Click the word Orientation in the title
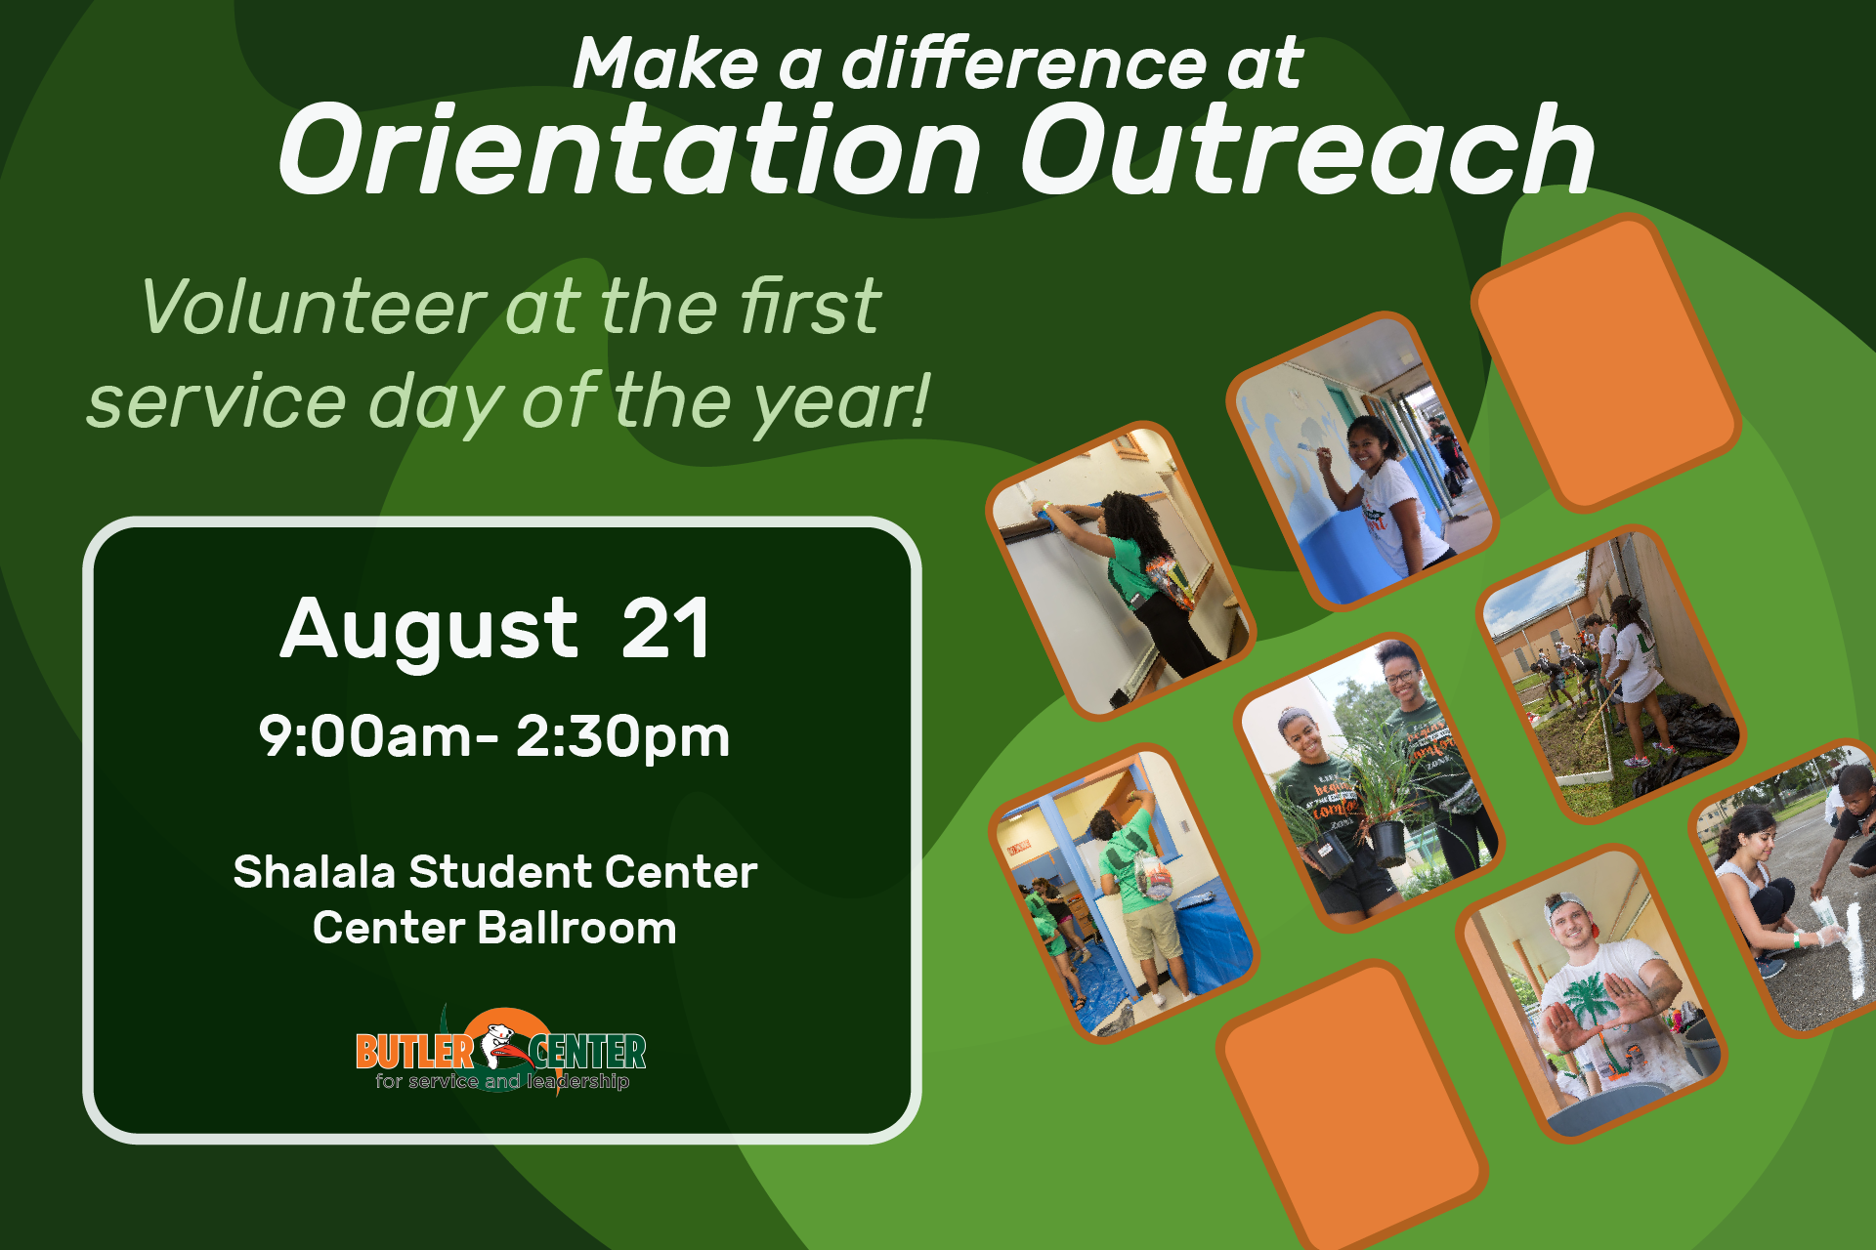pyautogui.click(x=630, y=150)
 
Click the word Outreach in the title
pyautogui.click(x=1308, y=150)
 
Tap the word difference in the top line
pyautogui.click(x=1025, y=63)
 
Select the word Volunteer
pyautogui.click(x=314, y=307)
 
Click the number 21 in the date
pyautogui.click(x=665, y=629)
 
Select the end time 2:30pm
pyautogui.click(x=622, y=738)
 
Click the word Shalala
pyautogui.click(x=315, y=872)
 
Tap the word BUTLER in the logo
pyautogui.click(x=414, y=1052)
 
